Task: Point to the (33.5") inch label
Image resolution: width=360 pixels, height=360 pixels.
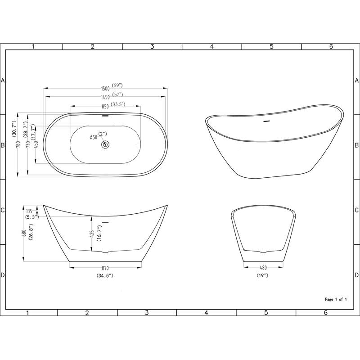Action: [x=118, y=104]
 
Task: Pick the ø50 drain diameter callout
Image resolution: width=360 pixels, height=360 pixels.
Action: [x=94, y=137]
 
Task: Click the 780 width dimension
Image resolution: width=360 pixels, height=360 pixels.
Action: [x=18, y=144]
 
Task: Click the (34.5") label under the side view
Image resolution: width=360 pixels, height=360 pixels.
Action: [x=104, y=275]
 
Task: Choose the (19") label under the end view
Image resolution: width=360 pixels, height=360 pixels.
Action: [x=262, y=275]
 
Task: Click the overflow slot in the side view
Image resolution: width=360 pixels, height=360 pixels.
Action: [x=106, y=222]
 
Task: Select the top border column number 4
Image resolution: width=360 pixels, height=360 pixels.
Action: [x=211, y=46]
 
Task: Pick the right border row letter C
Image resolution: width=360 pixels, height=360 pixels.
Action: [x=356, y=210]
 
